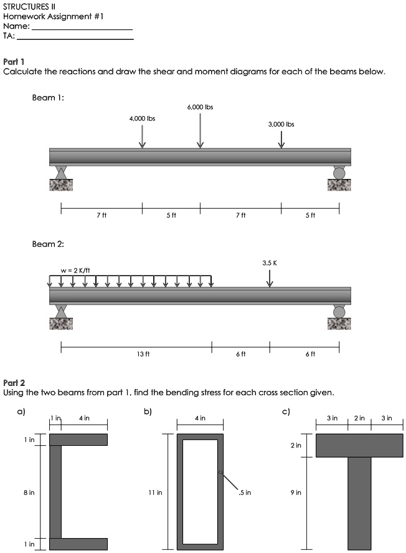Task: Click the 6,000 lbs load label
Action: coord(200,107)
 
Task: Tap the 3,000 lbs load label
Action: coord(281,124)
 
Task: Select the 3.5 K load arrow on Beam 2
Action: coord(270,278)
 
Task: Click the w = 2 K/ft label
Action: coord(75,270)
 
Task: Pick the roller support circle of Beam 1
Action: coord(339,173)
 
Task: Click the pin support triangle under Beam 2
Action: coord(61,311)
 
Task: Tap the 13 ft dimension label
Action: coord(143,354)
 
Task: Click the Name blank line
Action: coord(82,29)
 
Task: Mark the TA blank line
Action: coord(75,39)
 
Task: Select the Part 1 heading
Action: coord(14,62)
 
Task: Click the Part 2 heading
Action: coord(14,382)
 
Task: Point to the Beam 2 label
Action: coord(48,244)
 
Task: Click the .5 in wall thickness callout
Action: coord(245,493)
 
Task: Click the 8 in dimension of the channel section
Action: coord(29,493)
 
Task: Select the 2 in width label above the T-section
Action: coord(359,418)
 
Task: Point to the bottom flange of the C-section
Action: coord(78,543)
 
